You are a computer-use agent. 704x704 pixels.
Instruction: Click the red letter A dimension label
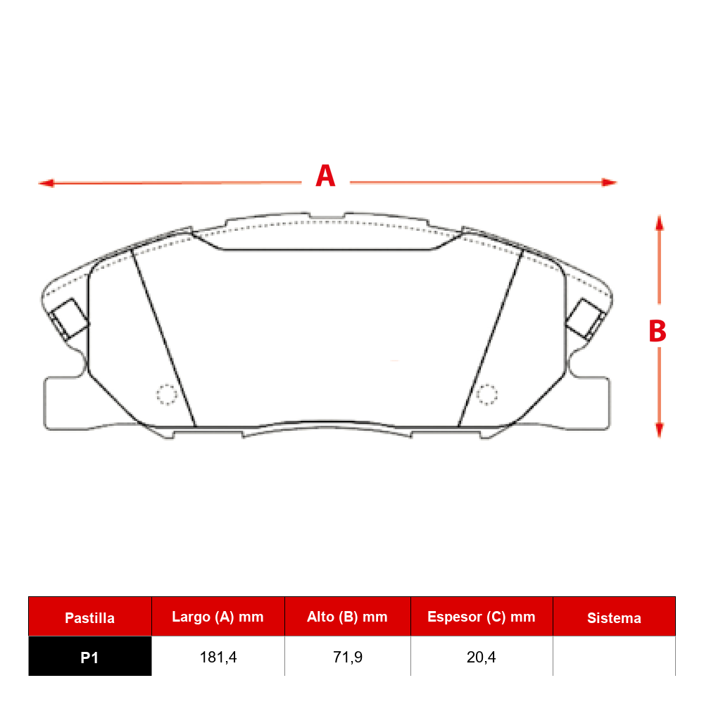click(x=325, y=175)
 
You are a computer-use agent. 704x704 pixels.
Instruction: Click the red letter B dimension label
click(x=658, y=332)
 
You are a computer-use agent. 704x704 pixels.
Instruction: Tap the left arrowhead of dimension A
click(x=46, y=183)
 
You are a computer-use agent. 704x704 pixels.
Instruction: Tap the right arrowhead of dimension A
click(x=609, y=182)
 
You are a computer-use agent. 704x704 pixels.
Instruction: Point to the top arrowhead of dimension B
click(x=659, y=223)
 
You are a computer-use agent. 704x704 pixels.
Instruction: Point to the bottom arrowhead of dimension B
click(x=659, y=429)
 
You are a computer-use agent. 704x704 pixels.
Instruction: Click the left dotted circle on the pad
click(x=167, y=395)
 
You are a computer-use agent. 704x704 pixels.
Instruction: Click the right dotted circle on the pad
click(x=486, y=395)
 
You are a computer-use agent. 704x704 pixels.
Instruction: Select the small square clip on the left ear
click(x=69, y=318)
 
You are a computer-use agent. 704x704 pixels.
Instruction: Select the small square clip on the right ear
click(x=585, y=318)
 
